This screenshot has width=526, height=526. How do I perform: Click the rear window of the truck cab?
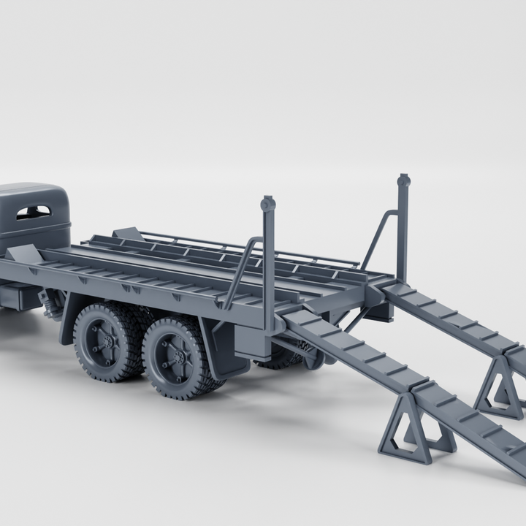click(x=34, y=212)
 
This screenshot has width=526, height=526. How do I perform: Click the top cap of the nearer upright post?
click(x=268, y=203)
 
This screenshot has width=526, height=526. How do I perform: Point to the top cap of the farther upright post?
click(x=403, y=180)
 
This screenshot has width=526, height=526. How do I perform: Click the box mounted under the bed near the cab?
click(x=18, y=296)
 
